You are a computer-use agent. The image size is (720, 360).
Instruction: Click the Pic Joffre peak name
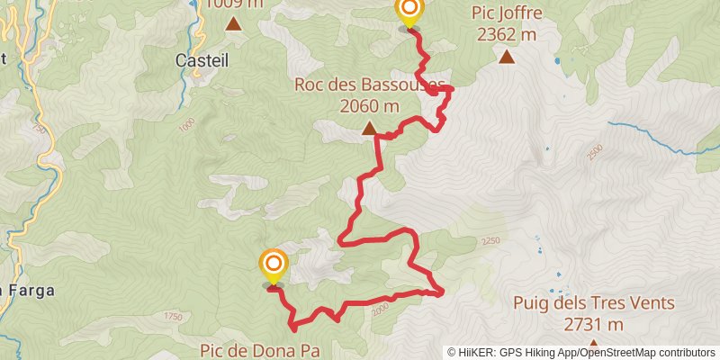tap(505, 13)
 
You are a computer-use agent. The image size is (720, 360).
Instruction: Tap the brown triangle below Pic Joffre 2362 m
tap(507, 58)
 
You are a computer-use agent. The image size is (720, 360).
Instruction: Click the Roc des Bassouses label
tap(370, 86)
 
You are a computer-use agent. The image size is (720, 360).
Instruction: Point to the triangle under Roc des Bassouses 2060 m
tap(369, 129)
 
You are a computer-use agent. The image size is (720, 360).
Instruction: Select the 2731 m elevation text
tap(594, 324)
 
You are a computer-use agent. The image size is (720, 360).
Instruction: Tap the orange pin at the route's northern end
tap(409, 12)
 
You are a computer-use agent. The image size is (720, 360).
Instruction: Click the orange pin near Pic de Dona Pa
tap(273, 265)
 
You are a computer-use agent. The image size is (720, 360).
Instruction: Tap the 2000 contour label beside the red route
tap(380, 307)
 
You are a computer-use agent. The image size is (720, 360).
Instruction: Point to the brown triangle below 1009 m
tap(234, 25)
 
